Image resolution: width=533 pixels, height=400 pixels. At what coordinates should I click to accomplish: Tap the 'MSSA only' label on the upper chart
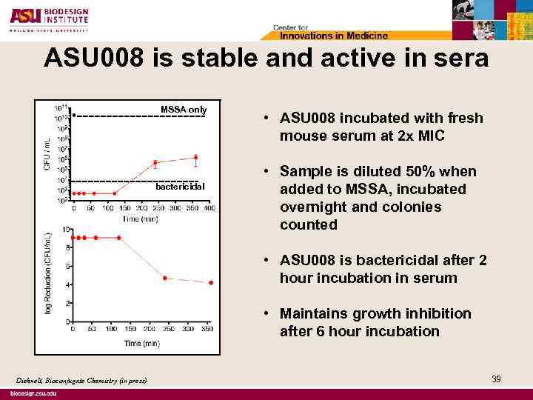[x=184, y=110]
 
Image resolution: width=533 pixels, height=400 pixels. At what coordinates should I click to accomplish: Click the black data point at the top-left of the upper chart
[x=74, y=116]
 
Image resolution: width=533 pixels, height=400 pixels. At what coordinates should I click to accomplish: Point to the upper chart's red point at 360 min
[x=196, y=157]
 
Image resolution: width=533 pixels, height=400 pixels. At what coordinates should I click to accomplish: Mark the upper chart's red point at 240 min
[x=155, y=163]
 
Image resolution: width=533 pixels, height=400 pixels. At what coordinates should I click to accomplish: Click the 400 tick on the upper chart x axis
[x=209, y=208]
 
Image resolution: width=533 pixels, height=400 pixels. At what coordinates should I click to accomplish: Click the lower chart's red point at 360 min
[x=211, y=283]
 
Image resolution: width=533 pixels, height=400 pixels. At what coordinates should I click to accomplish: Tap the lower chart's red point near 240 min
[x=164, y=278]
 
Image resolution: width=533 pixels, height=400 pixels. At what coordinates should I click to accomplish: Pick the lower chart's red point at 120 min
[x=118, y=238]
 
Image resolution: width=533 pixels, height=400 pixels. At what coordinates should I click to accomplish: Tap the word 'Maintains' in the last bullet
[x=314, y=314]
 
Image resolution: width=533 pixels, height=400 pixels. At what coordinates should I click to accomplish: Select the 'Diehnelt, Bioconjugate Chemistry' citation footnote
[x=81, y=381]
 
